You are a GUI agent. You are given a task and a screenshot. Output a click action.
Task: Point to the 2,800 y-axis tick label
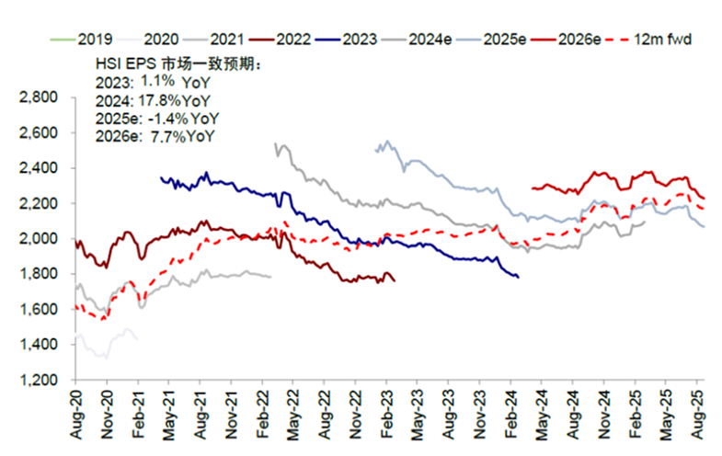point(40,97)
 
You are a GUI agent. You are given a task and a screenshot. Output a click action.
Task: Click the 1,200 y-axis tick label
point(40,380)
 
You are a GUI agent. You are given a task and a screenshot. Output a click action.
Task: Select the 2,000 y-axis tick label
point(40,239)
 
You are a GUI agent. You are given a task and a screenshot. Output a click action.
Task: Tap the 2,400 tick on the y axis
point(40,168)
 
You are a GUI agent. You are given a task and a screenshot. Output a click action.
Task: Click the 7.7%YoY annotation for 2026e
point(181,136)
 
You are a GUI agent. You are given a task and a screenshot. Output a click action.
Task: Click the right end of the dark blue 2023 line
point(518,277)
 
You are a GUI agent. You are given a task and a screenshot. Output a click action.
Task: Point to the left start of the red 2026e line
point(533,188)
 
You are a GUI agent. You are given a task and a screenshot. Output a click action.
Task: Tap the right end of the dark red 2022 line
point(395,281)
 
